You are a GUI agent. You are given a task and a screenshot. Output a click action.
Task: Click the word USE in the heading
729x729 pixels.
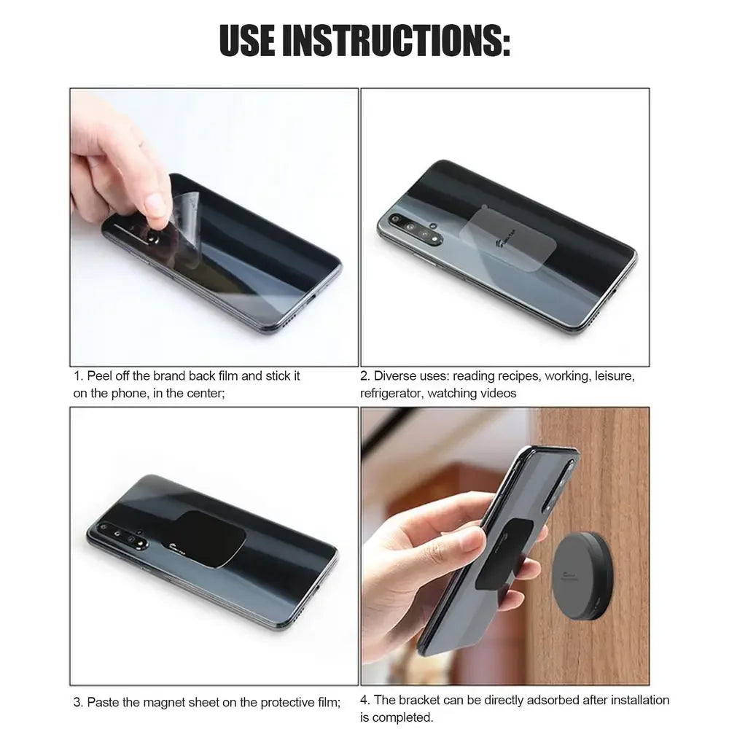click(247, 41)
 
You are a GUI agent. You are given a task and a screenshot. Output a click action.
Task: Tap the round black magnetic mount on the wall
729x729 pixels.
click(581, 574)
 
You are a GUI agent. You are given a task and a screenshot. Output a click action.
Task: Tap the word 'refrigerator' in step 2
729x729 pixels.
click(391, 394)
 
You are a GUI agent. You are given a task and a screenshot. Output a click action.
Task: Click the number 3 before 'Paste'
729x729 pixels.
click(77, 703)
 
